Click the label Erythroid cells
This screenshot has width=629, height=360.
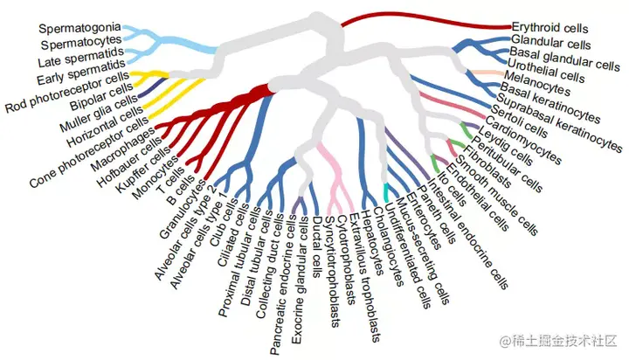pyautogui.click(x=550, y=28)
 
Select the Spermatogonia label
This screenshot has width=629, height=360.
pyautogui.click(x=79, y=28)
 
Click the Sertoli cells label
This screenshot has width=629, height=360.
pyautogui.click(x=510, y=123)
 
